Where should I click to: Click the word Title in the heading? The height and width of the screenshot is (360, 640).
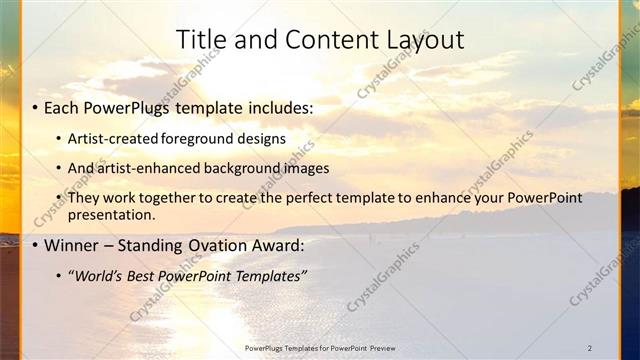coord(200,41)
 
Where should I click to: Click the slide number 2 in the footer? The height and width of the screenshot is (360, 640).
coord(590,347)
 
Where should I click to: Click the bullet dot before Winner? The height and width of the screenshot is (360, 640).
coord(35,245)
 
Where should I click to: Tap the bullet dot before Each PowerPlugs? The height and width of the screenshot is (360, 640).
coord(35,107)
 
